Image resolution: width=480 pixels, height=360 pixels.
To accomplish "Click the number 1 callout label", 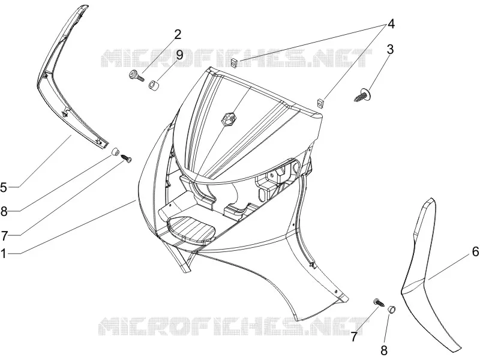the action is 4,254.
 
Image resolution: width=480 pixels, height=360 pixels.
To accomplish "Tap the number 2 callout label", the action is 178,34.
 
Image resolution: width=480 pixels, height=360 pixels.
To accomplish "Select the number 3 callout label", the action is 390,49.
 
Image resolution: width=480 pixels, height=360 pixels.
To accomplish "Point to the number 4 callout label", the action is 391,24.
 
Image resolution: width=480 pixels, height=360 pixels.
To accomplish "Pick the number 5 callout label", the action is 4,187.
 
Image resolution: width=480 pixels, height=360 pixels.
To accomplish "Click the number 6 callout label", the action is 475,251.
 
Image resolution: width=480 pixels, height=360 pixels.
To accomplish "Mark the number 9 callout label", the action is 179,55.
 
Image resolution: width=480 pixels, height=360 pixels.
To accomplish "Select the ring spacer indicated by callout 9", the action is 153,85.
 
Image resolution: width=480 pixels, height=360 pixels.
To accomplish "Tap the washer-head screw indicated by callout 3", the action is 364,95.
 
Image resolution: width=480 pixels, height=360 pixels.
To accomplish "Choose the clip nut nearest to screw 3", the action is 320,103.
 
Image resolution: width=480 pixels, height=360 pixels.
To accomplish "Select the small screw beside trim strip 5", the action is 127,158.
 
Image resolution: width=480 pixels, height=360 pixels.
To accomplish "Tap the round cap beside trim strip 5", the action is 115,152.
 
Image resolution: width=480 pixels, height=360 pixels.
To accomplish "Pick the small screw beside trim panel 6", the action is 379,303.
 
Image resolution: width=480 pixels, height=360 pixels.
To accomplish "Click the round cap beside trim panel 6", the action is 392,310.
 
